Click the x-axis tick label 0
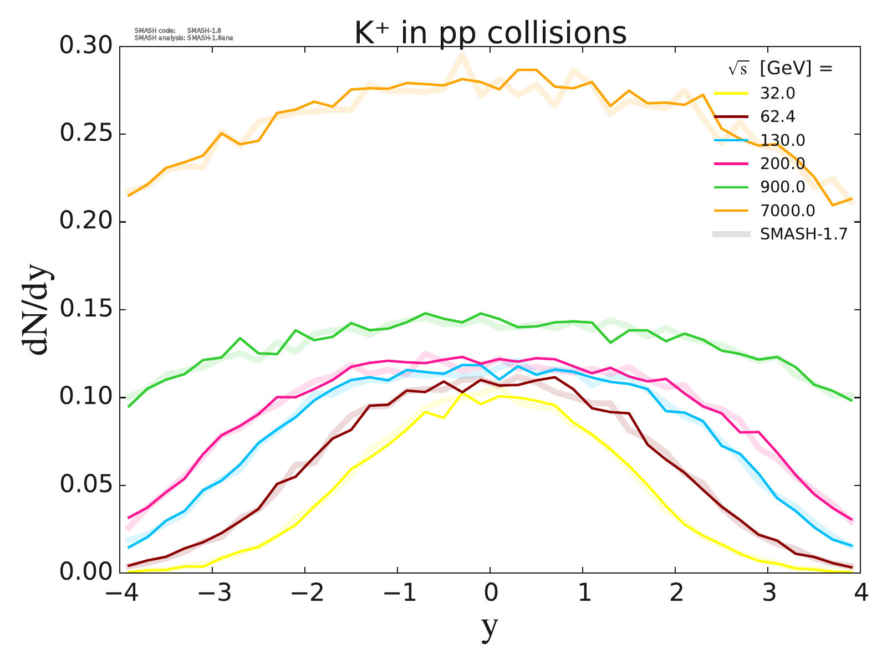[491, 594]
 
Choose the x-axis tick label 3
[768, 594]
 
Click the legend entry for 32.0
[778, 93]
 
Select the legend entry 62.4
[778, 117]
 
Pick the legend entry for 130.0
[782, 140]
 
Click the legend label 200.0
[782, 164]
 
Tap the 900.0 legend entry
[782, 187]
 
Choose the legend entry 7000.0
[787, 211]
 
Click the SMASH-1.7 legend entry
[804, 234]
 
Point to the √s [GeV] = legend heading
[781, 69]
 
